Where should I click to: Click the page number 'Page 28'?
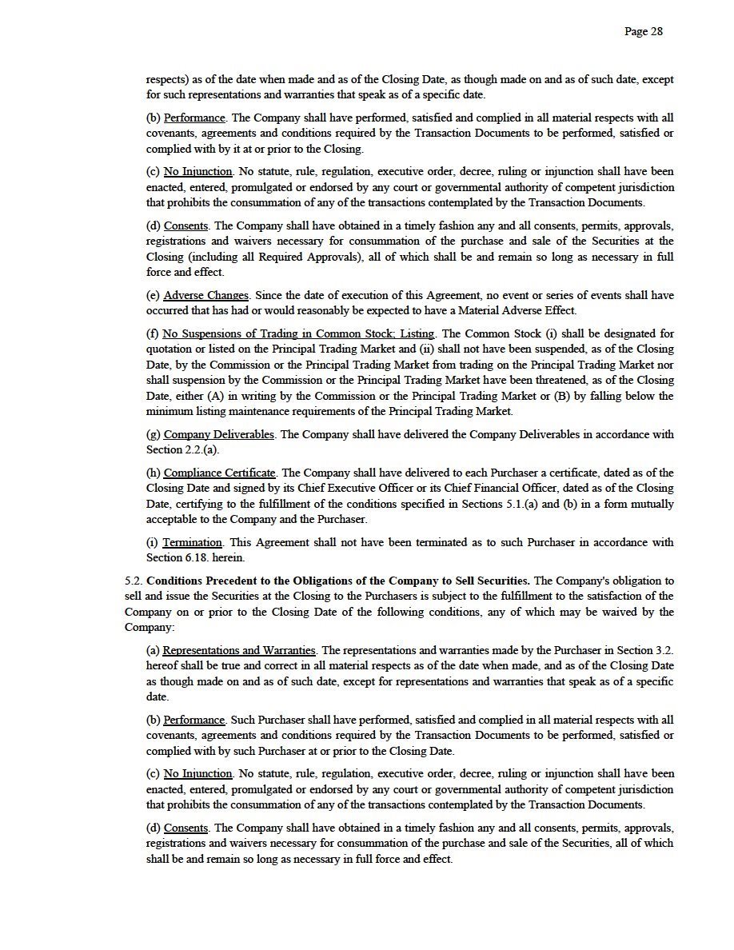pyautogui.click(x=643, y=32)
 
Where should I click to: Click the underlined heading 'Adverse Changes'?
pyautogui.click(x=206, y=295)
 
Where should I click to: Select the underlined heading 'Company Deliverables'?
pyautogui.click(x=219, y=434)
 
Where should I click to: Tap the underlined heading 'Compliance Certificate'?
pyautogui.click(x=220, y=473)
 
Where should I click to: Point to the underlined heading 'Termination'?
pyautogui.click(x=193, y=542)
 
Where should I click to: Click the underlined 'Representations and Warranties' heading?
pyautogui.click(x=239, y=650)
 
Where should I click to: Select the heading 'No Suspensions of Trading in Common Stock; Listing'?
pyautogui.click(x=299, y=333)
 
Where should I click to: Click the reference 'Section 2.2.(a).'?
pyautogui.click(x=182, y=449)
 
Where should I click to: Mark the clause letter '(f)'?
pyautogui.click(x=153, y=333)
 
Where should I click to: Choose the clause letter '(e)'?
pyautogui.click(x=154, y=295)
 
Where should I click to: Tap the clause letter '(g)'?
pyautogui.click(x=154, y=434)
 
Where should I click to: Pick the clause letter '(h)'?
pyautogui.click(x=154, y=473)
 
